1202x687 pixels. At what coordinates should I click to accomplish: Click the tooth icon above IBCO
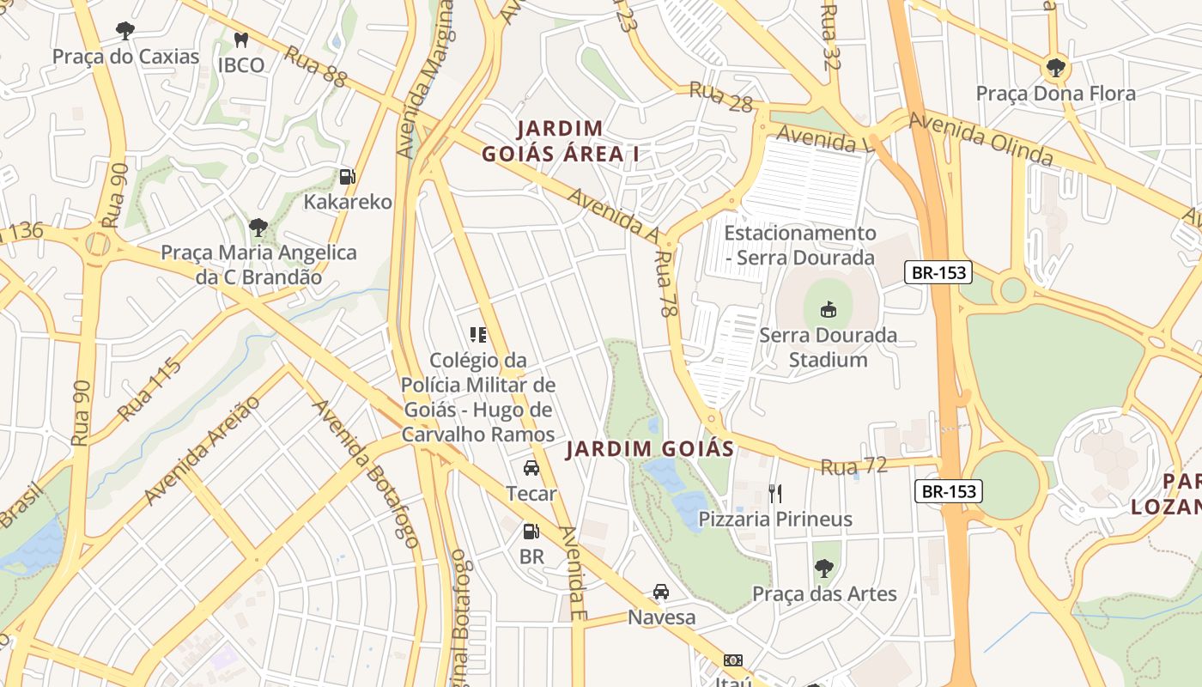[x=241, y=40]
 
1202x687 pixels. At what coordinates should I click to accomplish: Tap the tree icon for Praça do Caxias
[x=125, y=32]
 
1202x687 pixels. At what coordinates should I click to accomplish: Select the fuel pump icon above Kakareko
[x=347, y=177]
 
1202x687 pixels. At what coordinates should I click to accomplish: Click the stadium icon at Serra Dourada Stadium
[x=829, y=309]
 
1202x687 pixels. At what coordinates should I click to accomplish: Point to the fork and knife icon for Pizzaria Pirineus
[x=775, y=493]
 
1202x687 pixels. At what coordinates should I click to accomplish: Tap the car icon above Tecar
[x=531, y=468]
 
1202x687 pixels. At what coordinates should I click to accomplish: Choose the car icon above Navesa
[x=661, y=592]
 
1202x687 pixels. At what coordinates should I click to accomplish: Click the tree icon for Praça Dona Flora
[x=1055, y=68]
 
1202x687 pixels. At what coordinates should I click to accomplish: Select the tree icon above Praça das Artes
[x=824, y=568]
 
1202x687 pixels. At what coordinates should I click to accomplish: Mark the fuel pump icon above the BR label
[x=531, y=532]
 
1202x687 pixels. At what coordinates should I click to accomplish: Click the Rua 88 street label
[x=315, y=66]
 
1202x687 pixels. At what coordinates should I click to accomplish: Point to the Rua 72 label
[x=853, y=466]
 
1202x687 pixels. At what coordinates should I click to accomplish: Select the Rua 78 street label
[x=665, y=284]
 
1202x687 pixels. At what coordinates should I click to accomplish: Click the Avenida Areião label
[x=202, y=451]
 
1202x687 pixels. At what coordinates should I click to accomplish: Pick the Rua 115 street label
[x=149, y=391]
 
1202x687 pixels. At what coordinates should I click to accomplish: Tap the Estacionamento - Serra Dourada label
[x=799, y=245]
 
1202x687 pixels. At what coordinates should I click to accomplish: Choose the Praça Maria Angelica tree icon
[x=258, y=228]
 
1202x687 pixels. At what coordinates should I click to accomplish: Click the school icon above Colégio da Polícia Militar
[x=478, y=335]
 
